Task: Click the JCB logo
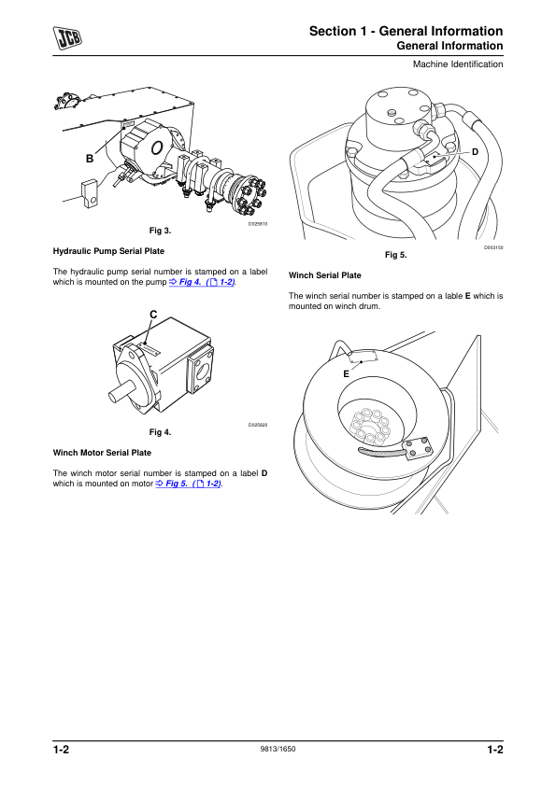(x=67, y=38)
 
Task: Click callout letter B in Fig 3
(x=90, y=159)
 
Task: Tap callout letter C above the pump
(x=153, y=315)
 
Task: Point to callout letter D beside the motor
(x=476, y=152)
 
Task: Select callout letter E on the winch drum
(x=346, y=374)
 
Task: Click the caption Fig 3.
(x=160, y=231)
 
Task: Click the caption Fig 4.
(x=160, y=432)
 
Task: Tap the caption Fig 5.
(x=396, y=255)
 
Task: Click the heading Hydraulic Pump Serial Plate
(x=108, y=251)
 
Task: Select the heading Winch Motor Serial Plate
(x=102, y=453)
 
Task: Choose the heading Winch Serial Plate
(x=324, y=275)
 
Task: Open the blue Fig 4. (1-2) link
(x=202, y=282)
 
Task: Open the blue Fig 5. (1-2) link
(x=189, y=484)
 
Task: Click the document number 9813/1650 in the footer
(x=278, y=749)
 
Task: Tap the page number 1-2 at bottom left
(x=62, y=750)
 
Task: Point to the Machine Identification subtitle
(x=458, y=64)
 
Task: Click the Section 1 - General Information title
(x=406, y=31)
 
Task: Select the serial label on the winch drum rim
(x=364, y=357)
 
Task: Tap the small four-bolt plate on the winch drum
(x=418, y=448)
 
